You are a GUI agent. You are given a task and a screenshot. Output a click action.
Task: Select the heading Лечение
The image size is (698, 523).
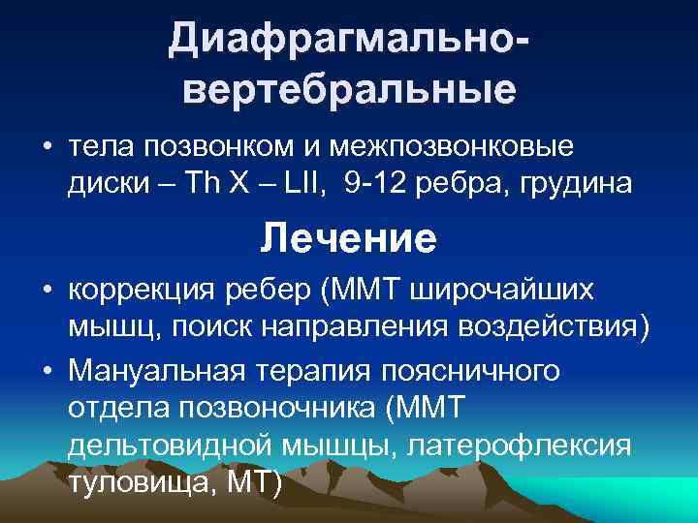tap(348, 238)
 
